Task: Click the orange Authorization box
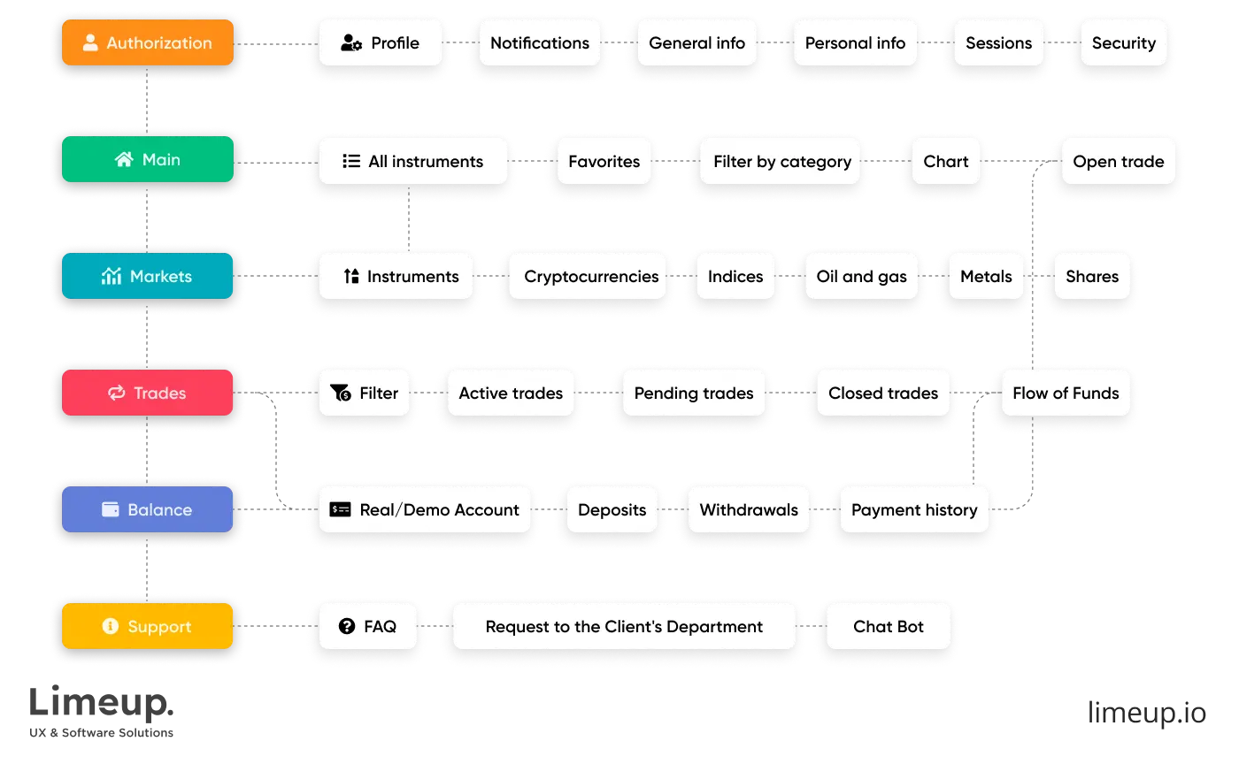[148, 42]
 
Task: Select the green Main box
[148, 159]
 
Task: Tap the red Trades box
[148, 393]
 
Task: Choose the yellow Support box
[148, 626]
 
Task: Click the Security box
[1123, 42]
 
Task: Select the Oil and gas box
[861, 276]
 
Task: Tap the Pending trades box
[694, 393]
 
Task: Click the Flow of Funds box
[1066, 393]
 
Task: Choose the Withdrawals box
[749, 509]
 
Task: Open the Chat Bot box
[889, 626]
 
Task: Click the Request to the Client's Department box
[624, 626]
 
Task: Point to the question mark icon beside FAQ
[347, 626]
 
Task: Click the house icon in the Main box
[125, 159]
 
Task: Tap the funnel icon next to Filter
[341, 393]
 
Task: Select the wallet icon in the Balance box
[111, 509]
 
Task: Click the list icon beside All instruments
[351, 161]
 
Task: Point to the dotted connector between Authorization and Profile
[276, 43]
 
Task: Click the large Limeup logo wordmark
[101, 703]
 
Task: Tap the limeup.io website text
[1147, 712]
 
